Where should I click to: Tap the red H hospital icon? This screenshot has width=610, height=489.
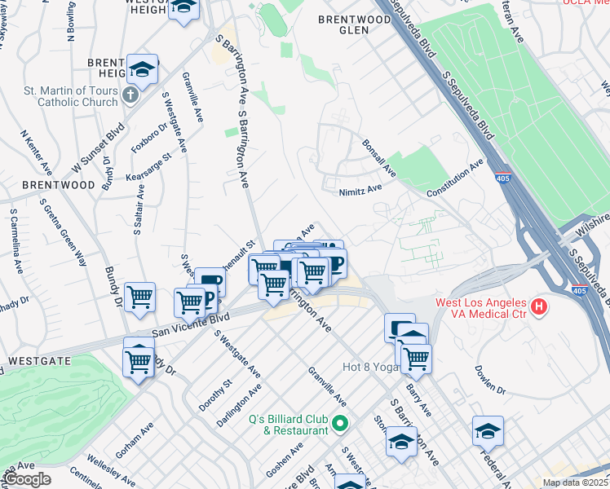(x=538, y=307)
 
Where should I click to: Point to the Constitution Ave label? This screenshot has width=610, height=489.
(x=455, y=178)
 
